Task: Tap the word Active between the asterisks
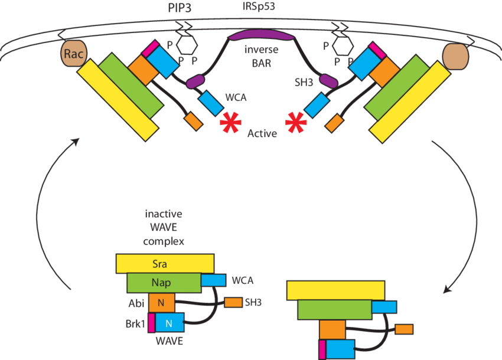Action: coord(262,133)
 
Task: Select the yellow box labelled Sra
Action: coord(165,263)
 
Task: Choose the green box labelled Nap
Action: coord(164,283)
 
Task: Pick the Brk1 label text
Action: coord(133,323)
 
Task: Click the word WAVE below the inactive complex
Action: coord(168,341)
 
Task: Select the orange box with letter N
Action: coord(161,303)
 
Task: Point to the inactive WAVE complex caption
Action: coord(165,227)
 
